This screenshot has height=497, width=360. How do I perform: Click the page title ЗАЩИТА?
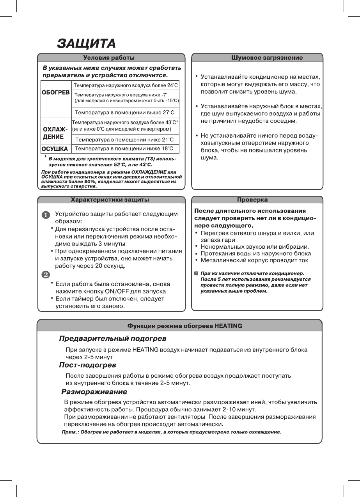tap(86, 43)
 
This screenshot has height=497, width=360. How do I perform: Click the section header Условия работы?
tap(111, 58)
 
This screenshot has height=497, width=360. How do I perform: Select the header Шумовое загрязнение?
tap(267, 58)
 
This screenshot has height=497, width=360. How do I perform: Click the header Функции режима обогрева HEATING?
tap(185, 325)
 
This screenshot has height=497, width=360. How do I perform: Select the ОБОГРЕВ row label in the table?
tap(56, 94)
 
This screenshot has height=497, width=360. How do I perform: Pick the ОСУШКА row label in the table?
tap(55, 149)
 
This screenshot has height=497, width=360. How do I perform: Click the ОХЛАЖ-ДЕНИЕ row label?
tap(55, 133)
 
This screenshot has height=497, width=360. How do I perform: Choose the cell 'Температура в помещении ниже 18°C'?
tap(124, 149)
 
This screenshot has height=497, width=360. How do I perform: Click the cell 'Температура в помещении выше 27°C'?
tap(124, 112)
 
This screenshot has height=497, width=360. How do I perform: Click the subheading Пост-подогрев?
tap(87, 365)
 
